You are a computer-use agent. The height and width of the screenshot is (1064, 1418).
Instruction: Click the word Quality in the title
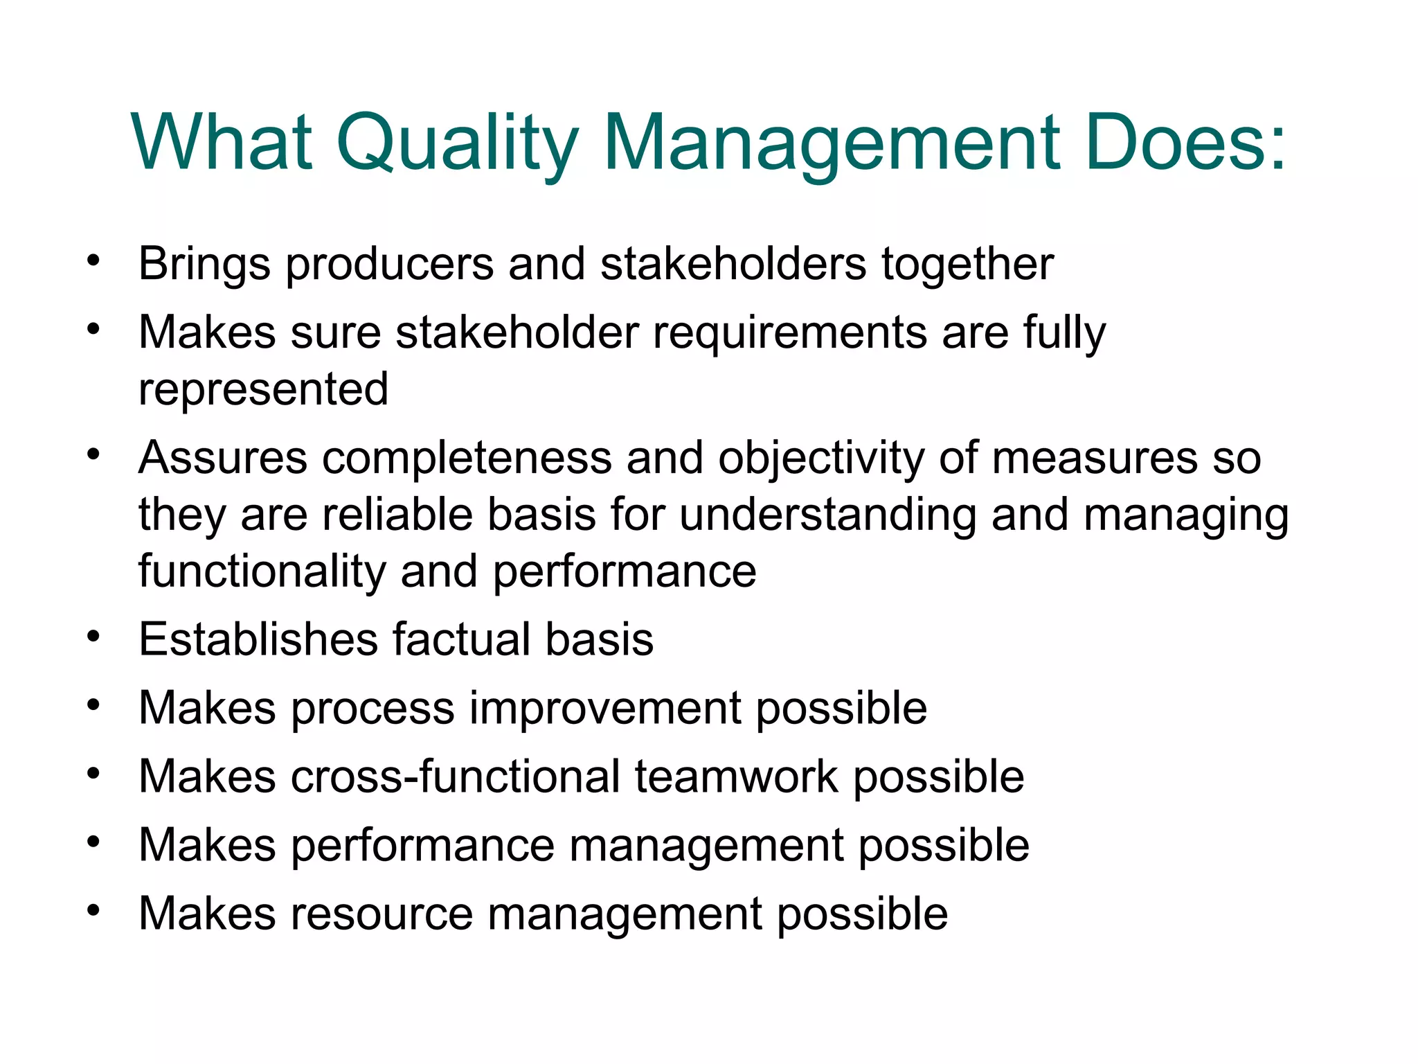(457, 144)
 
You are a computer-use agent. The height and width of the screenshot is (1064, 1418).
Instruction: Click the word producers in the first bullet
(390, 265)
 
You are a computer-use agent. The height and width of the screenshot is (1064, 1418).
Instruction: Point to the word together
(967, 265)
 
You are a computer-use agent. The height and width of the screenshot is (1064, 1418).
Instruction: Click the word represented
(263, 389)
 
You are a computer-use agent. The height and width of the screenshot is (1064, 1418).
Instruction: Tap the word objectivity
(821, 459)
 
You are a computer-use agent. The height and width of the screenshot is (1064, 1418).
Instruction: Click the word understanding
(828, 516)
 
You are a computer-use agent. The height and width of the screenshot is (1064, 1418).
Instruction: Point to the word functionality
(262, 572)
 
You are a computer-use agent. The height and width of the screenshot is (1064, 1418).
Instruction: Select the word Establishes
(258, 639)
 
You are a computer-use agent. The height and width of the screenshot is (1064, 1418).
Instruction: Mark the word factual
(462, 639)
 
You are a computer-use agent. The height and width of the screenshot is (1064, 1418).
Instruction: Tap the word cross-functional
(456, 776)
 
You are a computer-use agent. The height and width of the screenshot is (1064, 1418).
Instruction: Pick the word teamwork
(737, 776)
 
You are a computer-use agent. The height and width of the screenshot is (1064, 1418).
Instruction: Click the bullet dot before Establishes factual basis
(93, 635)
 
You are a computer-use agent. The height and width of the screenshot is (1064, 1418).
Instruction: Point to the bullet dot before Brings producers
(93, 261)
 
